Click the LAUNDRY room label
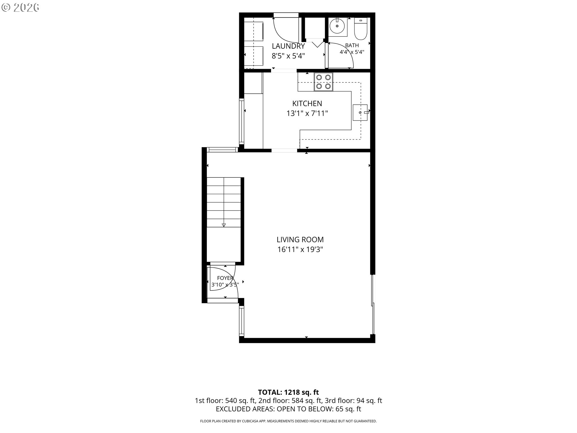[x=288, y=46]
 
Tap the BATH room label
[x=352, y=45]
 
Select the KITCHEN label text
[x=307, y=103]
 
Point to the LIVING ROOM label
[x=300, y=240]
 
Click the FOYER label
[x=225, y=278]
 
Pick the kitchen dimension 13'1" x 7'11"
[x=307, y=113]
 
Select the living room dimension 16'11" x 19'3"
[x=300, y=250]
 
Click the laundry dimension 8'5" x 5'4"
[x=288, y=56]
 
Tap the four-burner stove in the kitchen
[x=323, y=82]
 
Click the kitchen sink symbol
[x=360, y=112]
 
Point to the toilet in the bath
[x=361, y=29]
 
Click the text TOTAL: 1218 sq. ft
[x=288, y=392]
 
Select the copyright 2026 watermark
[x=20, y=8]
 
